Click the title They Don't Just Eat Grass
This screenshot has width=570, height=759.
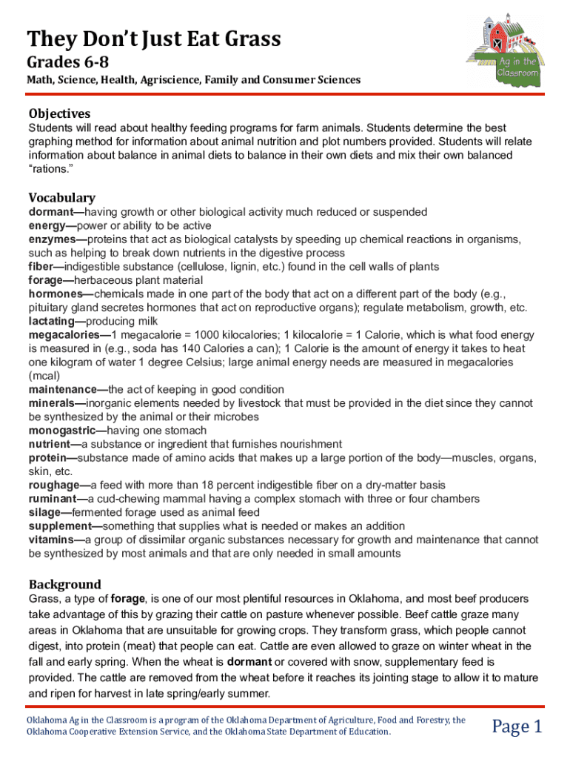[154, 38]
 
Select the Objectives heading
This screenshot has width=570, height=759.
[59, 113]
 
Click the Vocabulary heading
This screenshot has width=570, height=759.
[61, 197]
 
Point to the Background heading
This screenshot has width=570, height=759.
[64, 584]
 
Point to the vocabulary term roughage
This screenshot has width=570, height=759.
[53, 485]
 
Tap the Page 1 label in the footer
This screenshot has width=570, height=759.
[517, 726]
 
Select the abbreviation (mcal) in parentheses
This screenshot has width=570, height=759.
[44, 376]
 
